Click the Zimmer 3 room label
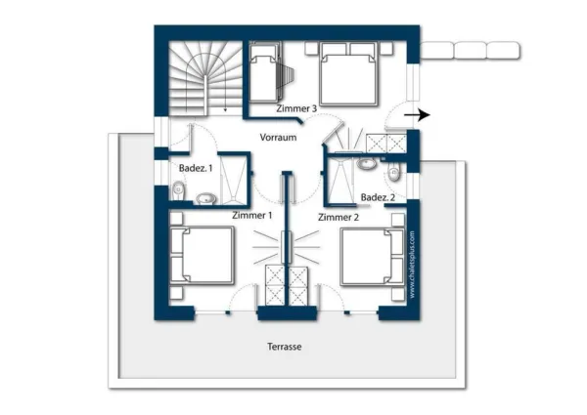pos(296,108)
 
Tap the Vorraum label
pos(278,137)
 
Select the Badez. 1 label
pos(196,168)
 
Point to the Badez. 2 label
pos(378,197)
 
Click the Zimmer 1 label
pos(252,215)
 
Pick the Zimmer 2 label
pos(339,217)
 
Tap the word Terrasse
pos(285,347)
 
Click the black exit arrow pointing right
pos(417,115)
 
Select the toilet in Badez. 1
pos(178,190)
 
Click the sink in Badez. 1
pos(205,198)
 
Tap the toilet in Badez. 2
pos(393,174)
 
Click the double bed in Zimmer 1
pos(202,255)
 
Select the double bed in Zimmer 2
pos(373,257)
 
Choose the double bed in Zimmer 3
pos(347,73)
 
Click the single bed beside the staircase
pos(264,72)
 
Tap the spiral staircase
pos(205,78)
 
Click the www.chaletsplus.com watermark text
pos(412,265)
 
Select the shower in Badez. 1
pos(233,179)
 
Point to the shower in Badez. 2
pos(340,181)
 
